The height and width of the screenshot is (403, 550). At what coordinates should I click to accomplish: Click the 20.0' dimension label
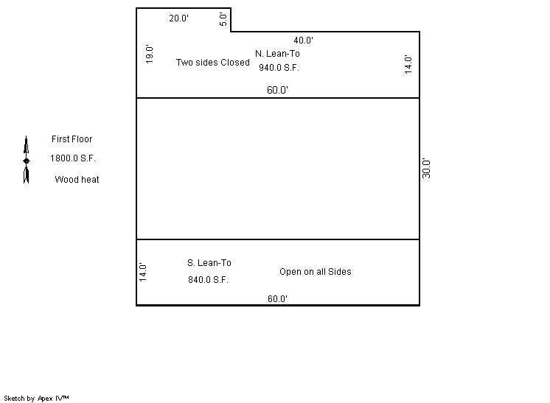(179, 18)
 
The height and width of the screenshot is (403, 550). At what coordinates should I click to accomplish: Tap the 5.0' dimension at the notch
(223, 19)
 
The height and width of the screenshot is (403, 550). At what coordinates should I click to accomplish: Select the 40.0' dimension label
(304, 41)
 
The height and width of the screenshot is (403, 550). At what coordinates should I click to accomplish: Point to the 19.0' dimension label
(150, 54)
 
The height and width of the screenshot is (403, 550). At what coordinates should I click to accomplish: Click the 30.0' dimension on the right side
(426, 168)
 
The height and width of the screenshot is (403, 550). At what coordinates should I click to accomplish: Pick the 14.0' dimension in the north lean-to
(408, 65)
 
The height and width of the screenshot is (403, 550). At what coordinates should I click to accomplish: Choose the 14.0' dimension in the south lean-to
(143, 273)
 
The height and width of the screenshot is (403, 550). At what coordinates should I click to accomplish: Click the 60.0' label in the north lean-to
(277, 90)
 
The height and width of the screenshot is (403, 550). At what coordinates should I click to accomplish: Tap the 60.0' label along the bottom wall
(277, 299)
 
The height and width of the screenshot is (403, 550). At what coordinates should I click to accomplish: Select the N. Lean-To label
(277, 54)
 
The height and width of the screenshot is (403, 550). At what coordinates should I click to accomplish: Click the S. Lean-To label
(209, 263)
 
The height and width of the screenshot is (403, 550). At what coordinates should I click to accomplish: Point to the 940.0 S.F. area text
(279, 68)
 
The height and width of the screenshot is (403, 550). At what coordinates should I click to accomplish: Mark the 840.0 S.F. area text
(209, 280)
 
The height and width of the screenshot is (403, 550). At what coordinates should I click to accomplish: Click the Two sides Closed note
(213, 63)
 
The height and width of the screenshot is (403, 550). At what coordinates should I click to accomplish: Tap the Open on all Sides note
(316, 272)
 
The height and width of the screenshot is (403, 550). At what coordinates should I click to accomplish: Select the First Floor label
(72, 139)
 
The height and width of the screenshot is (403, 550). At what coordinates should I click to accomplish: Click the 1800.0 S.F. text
(73, 158)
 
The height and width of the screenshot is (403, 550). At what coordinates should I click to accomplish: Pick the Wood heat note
(77, 180)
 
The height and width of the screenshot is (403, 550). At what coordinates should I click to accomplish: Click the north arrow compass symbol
(27, 160)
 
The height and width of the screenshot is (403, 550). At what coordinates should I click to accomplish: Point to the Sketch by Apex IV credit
(36, 399)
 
